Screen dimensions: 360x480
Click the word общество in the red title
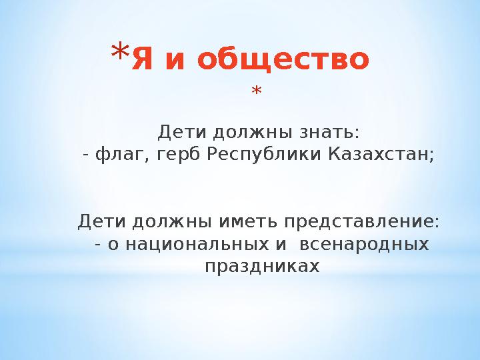tap(283, 61)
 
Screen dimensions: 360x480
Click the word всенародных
tap(364, 244)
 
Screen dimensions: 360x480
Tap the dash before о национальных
tap(99, 245)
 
